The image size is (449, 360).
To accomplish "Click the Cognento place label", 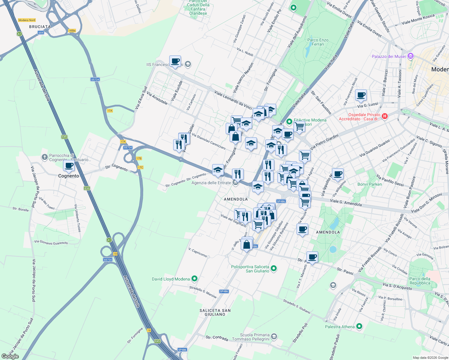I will click(68, 176).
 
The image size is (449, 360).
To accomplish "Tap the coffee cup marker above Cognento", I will click(69, 166).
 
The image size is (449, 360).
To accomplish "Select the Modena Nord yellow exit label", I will click(27, 20).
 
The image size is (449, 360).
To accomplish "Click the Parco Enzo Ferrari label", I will click(318, 42).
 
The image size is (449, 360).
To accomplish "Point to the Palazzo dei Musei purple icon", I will click(411, 56).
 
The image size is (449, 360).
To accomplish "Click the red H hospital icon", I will click(385, 116).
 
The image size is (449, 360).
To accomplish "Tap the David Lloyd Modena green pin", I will click(194, 279).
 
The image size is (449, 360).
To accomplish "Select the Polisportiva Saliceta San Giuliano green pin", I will click(274, 268).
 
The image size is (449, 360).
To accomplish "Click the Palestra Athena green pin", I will click(359, 326).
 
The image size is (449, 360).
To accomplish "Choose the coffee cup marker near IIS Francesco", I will click(175, 61).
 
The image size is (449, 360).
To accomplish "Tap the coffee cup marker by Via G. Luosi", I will click(361, 95).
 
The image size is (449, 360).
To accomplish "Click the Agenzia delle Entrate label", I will click(211, 183).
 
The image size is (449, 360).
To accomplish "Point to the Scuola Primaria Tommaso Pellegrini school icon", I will click(274, 337).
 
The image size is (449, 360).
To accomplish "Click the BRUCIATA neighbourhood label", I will click(40, 27).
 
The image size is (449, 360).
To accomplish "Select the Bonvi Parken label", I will click(369, 184).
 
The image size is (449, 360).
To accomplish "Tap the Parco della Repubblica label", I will click(420, 281).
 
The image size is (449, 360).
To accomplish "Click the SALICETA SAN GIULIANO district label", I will click(215, 312).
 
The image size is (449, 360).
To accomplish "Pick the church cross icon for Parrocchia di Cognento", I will click(44, 157).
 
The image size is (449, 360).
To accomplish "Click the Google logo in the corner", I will click(10, 356).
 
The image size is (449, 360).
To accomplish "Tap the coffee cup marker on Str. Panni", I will click(312, 257).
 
